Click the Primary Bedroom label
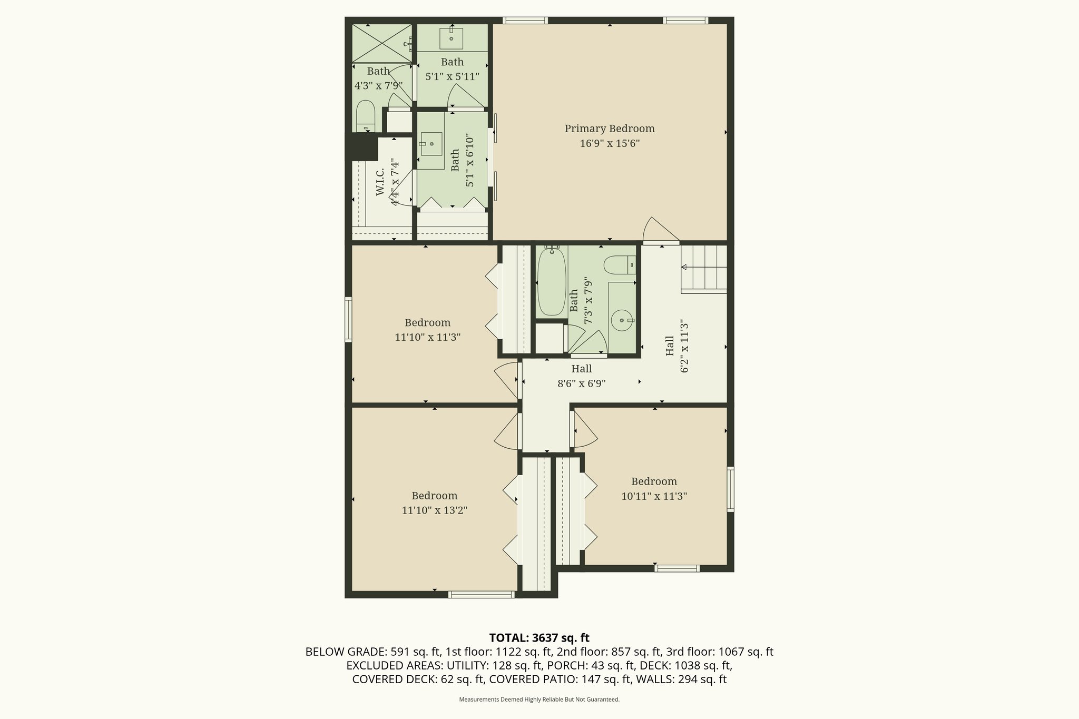[x=610, y=129]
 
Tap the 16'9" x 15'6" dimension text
[x=610, y=143]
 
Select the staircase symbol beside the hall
[x=704, y=269]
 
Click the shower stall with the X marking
[x=381, y=43]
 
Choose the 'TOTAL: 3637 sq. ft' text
[x=539, y=638]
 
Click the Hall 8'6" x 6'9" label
[x=581, y=376]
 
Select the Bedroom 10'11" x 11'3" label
[x=654, y=488]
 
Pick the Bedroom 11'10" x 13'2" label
[x=434, y=503]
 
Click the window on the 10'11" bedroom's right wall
[x=730, y=489]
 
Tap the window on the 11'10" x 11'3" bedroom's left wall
[x=348, y=319]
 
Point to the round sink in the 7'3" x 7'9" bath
[x=623, y=320]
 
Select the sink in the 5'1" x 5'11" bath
[x=452, y=37]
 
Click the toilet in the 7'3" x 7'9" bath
[x=619, y=264]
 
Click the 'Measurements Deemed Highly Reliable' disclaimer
[x=539, y=700]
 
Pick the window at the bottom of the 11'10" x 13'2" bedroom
[x=481, y=595]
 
